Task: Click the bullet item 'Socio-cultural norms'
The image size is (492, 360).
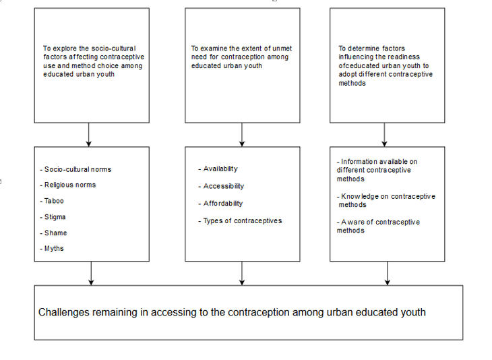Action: pos(75,169)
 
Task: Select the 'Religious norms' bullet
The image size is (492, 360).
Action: pos(68,185)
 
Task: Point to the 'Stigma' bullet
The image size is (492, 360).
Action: pos(53,217)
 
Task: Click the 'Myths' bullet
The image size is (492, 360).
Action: pos(52,249)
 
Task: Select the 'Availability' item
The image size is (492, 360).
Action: pos(218,169)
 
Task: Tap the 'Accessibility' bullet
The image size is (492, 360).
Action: pos(221,186)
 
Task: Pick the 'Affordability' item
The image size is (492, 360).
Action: pos(220,204)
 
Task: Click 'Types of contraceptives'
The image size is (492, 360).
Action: pos(240,221)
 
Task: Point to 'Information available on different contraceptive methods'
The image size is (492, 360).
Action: pos(377,170)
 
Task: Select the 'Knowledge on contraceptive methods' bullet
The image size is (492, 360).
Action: pos(386,200)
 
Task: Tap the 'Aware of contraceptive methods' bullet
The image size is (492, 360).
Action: pos(378,227)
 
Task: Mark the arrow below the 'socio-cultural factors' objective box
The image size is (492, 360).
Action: pos(89,135)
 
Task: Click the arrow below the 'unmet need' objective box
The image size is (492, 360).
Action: pos(242,135)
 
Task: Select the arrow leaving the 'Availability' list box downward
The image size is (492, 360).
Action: pos(242,274)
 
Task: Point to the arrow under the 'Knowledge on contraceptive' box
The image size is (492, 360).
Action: pos(388,274)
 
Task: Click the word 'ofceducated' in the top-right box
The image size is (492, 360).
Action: pos(359,66)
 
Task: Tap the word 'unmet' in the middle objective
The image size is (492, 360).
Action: pos(282,49)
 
